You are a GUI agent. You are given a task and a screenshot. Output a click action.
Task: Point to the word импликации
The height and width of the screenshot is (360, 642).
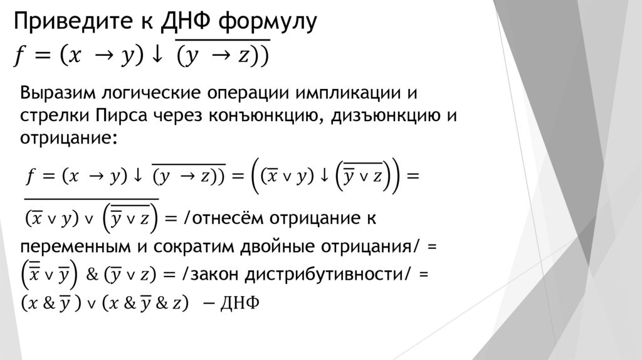click(337, 94)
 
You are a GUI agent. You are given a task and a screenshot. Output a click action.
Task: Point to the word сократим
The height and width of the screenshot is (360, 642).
click(196, 246)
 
